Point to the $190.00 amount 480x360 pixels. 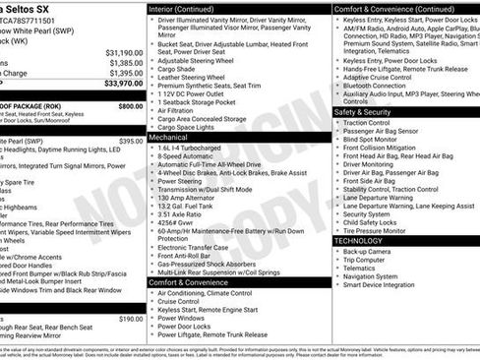[x=131, y=319]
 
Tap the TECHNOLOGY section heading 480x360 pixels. [x=359, y=240]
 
